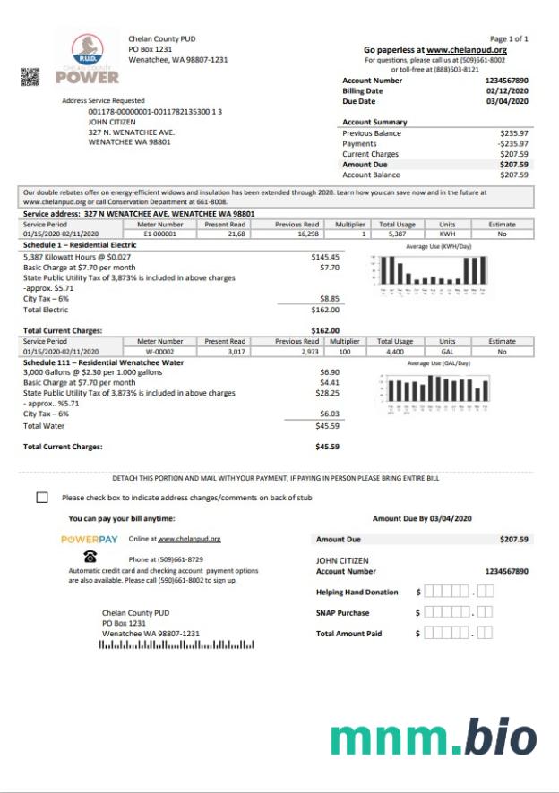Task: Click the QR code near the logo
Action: click(30, 76)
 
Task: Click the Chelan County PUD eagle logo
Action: click(87, 49)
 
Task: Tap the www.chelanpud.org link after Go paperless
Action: click(466, 50)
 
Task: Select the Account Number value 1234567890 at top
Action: click(507, 81)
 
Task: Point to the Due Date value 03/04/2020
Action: click(508, 101)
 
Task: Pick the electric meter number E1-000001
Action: click(160, 234)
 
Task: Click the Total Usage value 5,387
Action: click(398, 234)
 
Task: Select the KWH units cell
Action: click(448, 234)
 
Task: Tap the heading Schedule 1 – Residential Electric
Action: click(80, 243)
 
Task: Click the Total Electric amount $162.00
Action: click(325, 310)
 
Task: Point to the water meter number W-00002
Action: click(160, 351)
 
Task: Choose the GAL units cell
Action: click(448, 351)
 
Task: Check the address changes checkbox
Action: click(42, 497)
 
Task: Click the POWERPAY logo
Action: click(90, 539)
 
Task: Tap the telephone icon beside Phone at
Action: click(90, 556)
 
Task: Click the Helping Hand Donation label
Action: click(357, 592)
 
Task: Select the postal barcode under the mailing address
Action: click(176, 644)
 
